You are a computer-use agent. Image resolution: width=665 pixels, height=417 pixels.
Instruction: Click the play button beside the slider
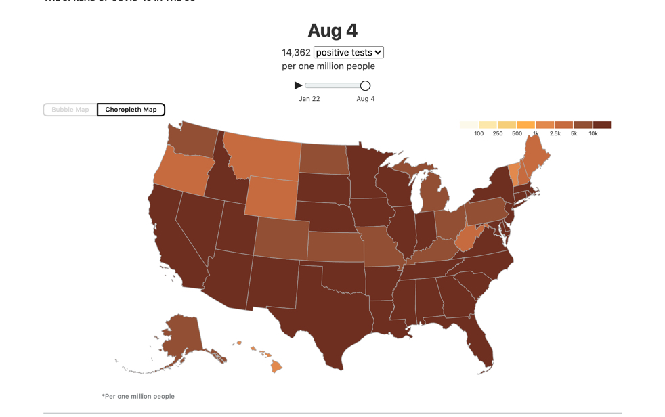(298, 85)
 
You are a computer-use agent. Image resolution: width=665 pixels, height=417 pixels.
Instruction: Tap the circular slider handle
(365, 85)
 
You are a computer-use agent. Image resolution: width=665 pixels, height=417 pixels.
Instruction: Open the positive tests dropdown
(348, 52)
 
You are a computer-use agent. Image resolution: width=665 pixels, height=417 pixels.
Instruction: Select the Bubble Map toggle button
(70, 110)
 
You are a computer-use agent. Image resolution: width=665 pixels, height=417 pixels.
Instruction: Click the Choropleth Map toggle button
(131, 110)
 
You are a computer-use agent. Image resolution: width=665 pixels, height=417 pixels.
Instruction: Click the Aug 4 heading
(332, 30)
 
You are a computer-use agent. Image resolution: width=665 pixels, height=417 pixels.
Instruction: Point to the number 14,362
(296, 52)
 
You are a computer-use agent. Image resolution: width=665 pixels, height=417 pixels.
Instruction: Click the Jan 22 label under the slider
(309, 99)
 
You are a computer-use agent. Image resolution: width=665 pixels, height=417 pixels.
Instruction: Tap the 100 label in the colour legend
(479, 133)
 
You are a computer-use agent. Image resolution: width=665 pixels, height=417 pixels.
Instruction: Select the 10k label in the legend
(593, 133)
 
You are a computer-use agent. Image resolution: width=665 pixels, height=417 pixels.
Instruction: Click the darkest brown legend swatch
(602, 125)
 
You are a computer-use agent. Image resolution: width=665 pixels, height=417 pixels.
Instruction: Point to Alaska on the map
(181, 335)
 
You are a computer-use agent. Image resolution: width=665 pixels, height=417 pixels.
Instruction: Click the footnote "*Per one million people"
(138, 396)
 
